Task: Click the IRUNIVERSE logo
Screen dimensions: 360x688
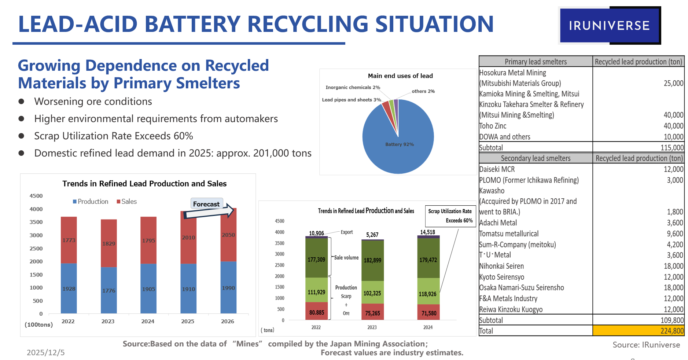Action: click(x=609, y=26)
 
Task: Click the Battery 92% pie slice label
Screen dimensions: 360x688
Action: click(x=399, y=144)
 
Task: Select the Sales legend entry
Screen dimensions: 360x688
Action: click(x=127, y=202)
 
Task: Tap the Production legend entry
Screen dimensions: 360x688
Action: click(x=91, y=202)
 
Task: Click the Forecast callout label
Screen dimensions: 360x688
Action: click(x=206, y=204)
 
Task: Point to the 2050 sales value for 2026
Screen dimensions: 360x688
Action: click(x=228, y=235)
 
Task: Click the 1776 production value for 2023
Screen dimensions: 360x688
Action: click(x=108, y=291)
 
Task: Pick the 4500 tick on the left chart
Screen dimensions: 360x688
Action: click(x=36, y=196)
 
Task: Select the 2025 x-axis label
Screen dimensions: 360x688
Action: click(x=188, y=322)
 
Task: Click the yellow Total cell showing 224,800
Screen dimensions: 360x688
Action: click(x=638, y=331)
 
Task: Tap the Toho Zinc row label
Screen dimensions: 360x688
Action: click(x=493, y=126)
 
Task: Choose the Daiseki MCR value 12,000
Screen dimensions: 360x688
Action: click(x=673, y=169)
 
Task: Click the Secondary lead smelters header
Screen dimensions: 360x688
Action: click(x=536, y=158)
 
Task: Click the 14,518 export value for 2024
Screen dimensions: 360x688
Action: click(x=427, y=232)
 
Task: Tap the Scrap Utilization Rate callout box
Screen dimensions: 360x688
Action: click(x=450, y=216)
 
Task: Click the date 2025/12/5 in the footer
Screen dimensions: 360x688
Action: click(x=45, y=353)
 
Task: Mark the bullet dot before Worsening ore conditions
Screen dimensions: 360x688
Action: click(x=22, y=102)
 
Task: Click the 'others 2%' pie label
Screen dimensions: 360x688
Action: click(x=423, y=91)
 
